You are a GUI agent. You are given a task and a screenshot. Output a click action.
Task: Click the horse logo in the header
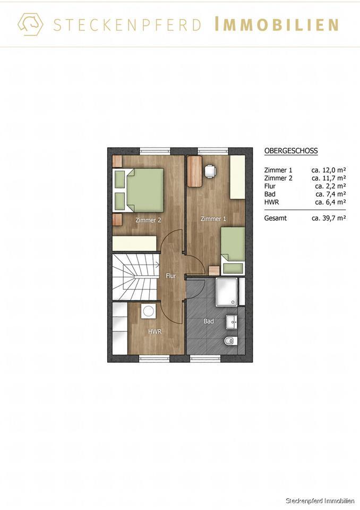click(30, 24)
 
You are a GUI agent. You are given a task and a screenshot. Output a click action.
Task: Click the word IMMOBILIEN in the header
click(277, 24)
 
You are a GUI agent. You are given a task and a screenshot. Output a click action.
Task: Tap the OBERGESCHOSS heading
click(291, 151)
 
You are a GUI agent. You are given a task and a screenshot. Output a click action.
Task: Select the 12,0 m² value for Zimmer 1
click(329, 170)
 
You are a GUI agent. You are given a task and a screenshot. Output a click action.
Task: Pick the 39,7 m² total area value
click(329, 218)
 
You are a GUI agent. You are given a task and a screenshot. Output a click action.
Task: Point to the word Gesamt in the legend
click(276, 218)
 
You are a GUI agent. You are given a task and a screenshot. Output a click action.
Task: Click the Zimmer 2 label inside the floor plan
click(148, 220)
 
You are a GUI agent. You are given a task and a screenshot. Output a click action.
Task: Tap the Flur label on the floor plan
click(170, 276)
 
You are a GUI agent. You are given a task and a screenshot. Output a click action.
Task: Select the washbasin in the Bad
click(232, 321)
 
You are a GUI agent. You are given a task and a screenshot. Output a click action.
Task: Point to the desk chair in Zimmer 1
click(211, 171)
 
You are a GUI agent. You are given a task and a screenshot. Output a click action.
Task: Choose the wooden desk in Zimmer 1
click(195, 171)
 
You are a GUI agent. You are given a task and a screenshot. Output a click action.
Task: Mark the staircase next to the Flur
click(135, 277)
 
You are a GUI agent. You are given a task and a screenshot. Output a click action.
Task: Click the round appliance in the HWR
click(149, 311)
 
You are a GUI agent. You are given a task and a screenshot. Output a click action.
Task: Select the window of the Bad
click(205, 359)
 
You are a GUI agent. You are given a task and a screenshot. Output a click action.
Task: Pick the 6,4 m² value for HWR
click(330, 202)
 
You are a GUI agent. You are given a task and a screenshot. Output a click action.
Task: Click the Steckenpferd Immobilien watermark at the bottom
click(320, 501)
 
